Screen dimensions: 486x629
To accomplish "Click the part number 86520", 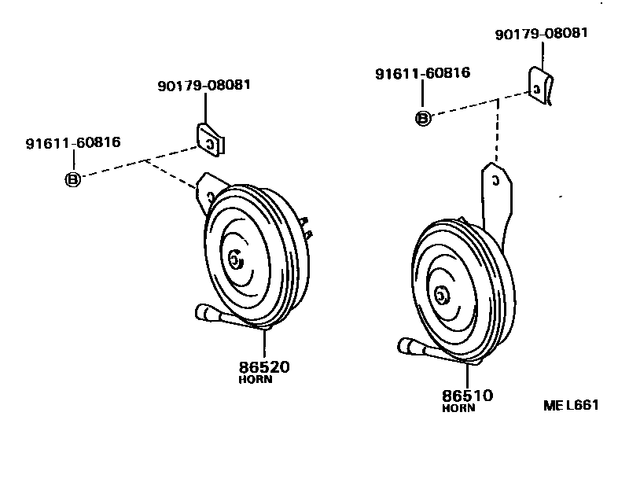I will (263, 366).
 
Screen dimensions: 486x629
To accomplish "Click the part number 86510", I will (467, 396).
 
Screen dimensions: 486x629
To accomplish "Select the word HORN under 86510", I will (458, 408).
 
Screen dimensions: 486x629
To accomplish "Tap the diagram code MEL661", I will (571, 405).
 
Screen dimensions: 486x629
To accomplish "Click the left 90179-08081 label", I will (204, 84).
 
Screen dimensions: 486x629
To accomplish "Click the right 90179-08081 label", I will (541, 34).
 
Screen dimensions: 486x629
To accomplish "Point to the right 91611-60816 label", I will (422, 73).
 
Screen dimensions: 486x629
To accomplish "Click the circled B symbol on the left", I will (72, 179).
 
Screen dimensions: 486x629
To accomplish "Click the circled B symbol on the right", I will (423, 119).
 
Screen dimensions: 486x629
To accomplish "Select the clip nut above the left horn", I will (209, 138).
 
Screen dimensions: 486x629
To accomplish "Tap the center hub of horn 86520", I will (235, 260).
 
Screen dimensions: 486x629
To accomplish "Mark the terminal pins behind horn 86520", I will (307, 227).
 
